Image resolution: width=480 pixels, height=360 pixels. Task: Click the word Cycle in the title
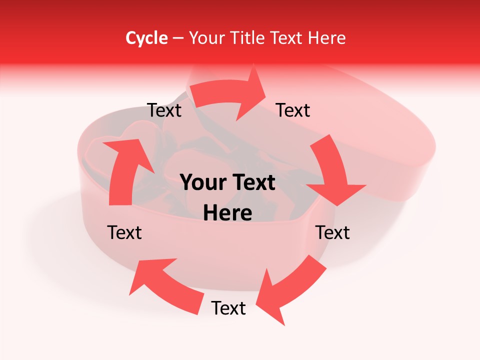[x=146, y=38]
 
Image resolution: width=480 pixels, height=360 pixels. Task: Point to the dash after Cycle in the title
[x=177, y=38]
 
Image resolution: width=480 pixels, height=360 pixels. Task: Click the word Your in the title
[x=206, y=38]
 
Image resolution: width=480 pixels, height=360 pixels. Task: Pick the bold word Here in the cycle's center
[x=227, y=213]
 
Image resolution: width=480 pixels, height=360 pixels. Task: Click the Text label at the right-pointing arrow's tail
[x=164, y=110]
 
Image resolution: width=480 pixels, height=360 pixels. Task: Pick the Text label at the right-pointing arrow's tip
[x=293, y=110]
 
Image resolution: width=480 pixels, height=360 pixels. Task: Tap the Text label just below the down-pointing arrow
[x=332, y=232]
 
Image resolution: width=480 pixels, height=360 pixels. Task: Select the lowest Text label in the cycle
[x=228, y=308]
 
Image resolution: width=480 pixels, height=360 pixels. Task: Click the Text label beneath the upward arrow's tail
[x=124, y=232]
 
